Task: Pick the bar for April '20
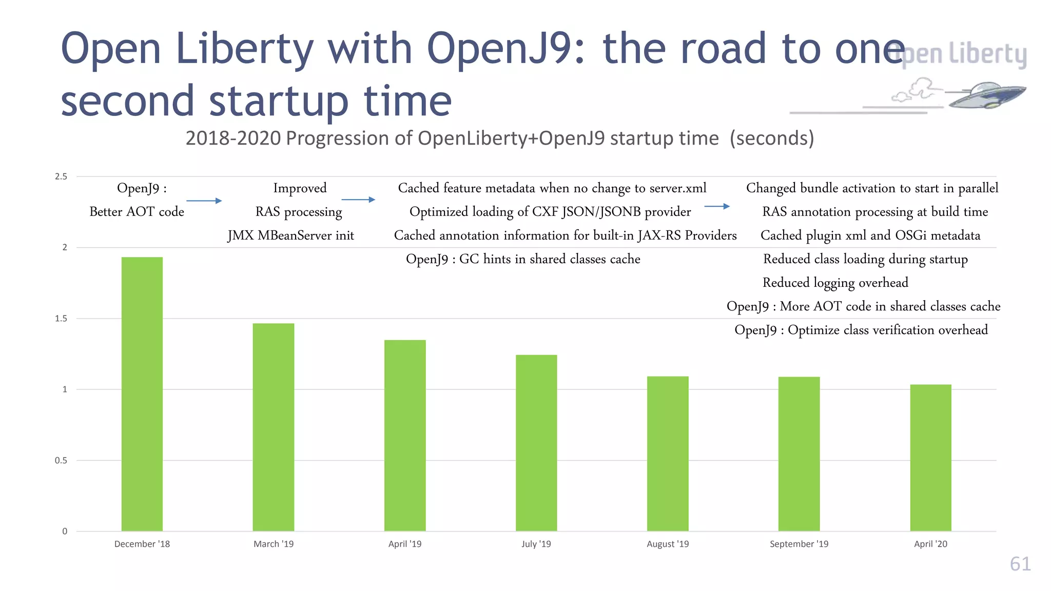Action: tap(930, 458)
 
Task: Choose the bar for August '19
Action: tap(668, 454)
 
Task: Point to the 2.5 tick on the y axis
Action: tap(61, 176)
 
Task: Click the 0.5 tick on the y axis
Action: tap(61, 460)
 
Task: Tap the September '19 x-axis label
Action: tap(799, 544)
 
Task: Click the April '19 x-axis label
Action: tap(405, 544)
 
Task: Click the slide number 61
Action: tap(1020, 564)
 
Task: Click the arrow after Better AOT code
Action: tap(204, 201)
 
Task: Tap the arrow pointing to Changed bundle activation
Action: tap(717, 206)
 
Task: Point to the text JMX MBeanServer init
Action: tap(291, 235)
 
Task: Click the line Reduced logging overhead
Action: tap(835, 283)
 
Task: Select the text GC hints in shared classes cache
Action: tap(549, 259)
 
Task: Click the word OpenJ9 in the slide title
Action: tap(505, 49)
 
